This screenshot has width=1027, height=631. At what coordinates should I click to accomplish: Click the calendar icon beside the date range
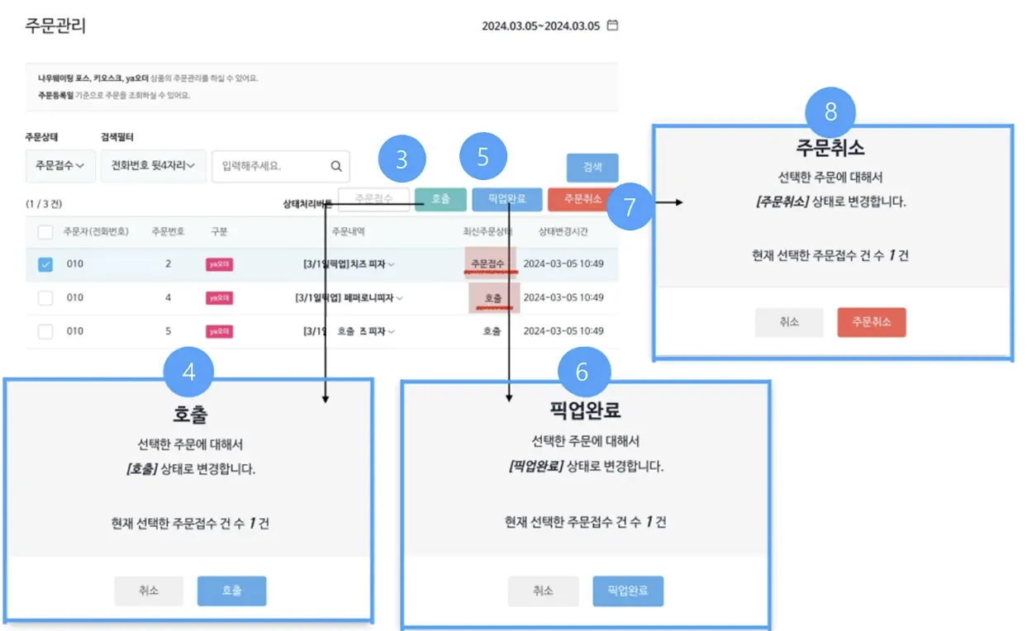612,26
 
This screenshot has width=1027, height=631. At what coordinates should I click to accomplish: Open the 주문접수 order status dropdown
60,166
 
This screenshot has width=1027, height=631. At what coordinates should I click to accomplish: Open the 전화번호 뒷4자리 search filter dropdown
153,166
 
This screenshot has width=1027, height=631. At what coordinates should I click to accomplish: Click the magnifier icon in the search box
336,166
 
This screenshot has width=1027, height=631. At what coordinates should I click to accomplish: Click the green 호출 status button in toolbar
440,199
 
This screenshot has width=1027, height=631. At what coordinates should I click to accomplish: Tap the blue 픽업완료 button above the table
505,199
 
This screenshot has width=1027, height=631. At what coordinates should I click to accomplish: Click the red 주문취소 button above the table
582,199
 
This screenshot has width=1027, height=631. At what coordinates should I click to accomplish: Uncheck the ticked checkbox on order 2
45,264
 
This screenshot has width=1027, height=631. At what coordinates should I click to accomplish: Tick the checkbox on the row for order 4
45,297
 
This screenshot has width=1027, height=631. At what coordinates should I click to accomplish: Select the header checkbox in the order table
45,232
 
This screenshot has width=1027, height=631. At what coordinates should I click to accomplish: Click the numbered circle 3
402,159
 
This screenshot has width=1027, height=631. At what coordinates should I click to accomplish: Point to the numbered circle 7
630,206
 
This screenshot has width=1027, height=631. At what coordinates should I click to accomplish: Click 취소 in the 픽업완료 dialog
543,591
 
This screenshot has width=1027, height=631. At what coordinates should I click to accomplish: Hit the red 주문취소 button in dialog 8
871,322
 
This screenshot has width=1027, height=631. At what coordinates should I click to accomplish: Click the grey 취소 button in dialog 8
789,322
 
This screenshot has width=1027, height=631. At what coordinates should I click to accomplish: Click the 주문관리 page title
56,26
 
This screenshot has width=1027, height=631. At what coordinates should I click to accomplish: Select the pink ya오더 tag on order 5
219,331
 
